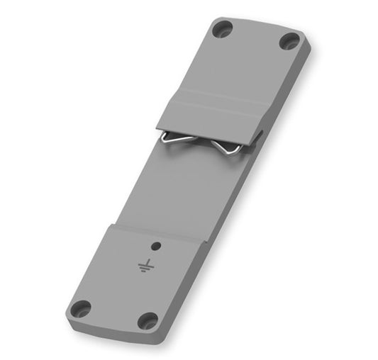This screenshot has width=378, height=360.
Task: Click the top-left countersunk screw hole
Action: [222, 30]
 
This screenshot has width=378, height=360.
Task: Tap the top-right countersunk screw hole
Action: [289, 40]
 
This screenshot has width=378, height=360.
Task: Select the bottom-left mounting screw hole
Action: [82, 309]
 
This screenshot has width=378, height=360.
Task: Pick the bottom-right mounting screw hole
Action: [148, 320]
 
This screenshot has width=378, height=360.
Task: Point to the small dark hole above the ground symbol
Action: [156, 246]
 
